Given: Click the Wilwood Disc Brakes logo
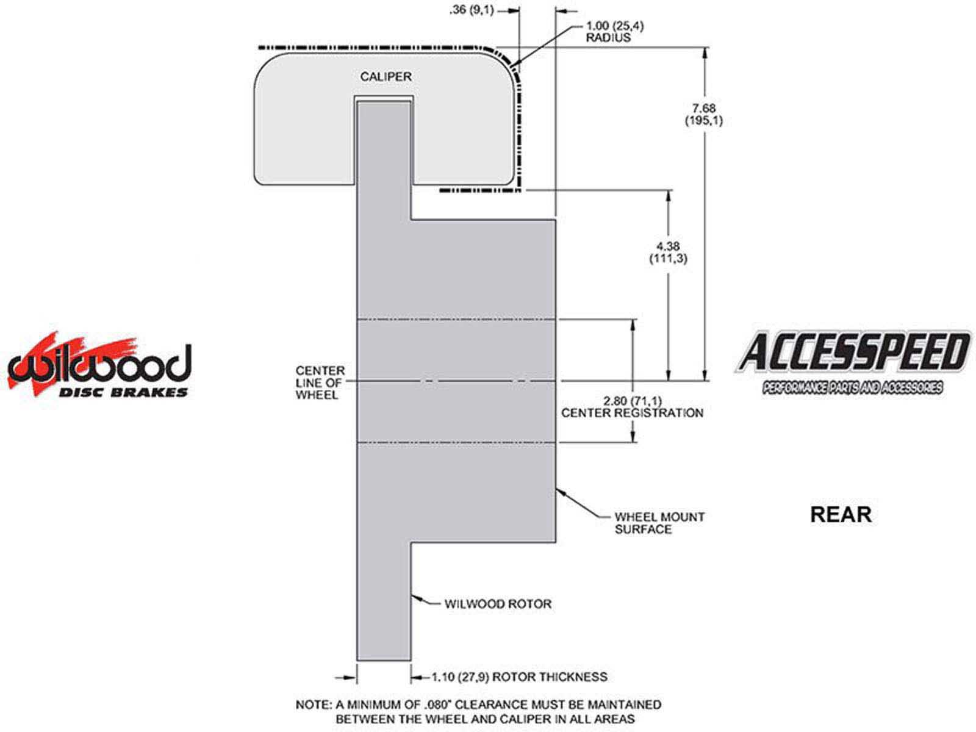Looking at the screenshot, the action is click(99, 364).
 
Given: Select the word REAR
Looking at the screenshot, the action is click(841, 514).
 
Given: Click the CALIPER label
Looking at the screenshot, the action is click(386, 77).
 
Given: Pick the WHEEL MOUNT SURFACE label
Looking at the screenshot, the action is click(659, 523).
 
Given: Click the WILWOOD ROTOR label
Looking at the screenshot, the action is click(498, 604).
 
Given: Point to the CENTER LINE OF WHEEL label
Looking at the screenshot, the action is click(320, 382).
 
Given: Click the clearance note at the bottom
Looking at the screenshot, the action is click(478, 711).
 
